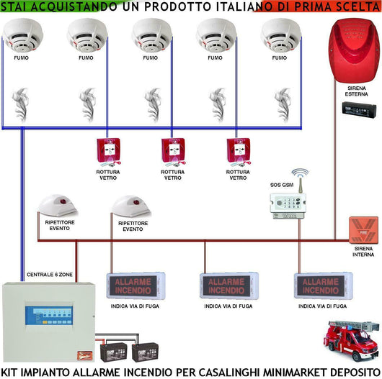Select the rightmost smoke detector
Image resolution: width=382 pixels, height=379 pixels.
click(x=282, y=35)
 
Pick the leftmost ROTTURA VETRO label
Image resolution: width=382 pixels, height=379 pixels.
click(x=107, y=175)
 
